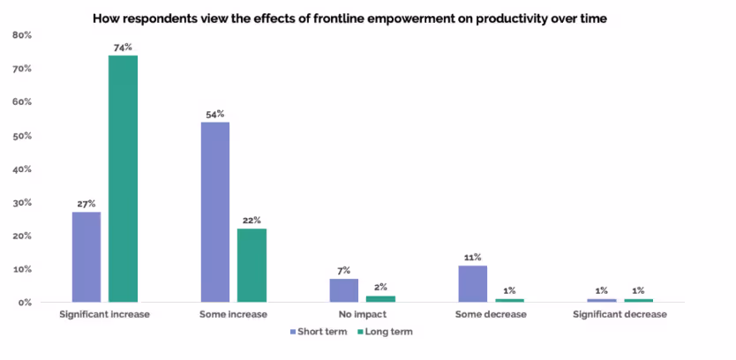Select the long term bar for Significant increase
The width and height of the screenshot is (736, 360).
[x=123, y=179]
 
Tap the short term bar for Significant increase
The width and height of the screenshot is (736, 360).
[x=86, y=257]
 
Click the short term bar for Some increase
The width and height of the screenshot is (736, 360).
[x=214, y=212]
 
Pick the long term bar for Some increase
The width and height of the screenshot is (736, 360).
[x=252, y=266]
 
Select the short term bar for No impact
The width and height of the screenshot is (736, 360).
[x=344, y=290]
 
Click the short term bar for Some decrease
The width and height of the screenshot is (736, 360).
[x=472, y=283]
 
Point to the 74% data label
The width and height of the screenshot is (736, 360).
[x=123, y=47]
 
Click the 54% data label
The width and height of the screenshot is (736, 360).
[x=214, y=114]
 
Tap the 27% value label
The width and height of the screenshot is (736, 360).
[x=86, y=203]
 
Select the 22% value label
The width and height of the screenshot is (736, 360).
[x=252, y=220]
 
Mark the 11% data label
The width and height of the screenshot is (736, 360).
[x=472, y=257]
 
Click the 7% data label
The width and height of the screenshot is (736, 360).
[x=344, y=270]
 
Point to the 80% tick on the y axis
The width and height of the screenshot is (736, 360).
[x=22, y=35]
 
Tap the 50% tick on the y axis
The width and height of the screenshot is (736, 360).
[x=22, y=136]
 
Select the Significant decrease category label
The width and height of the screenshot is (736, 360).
[x=619, y=314]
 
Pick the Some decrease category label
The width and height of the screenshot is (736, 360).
[x=491, y=314]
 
